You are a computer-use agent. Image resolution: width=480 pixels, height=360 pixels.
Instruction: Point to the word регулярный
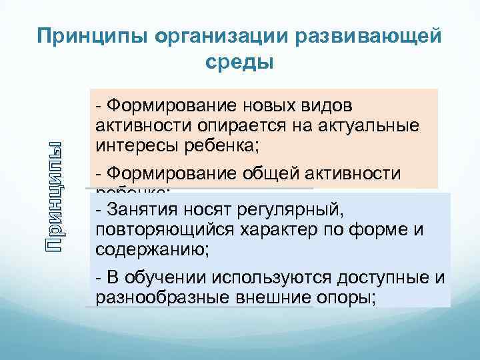tap(295, 211)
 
